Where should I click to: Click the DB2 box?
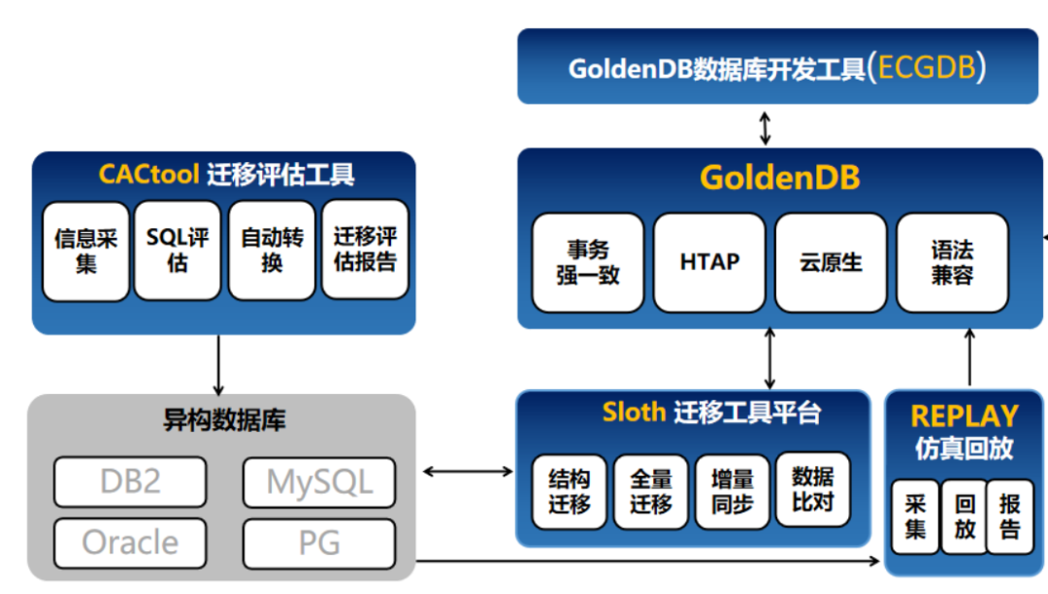130,481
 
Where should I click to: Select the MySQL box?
319,482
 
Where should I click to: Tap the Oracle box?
130,543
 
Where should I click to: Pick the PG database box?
319,544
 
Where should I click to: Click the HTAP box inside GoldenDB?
709,262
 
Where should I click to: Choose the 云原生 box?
831,262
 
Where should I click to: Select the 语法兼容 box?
952,262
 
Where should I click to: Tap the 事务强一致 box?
588,262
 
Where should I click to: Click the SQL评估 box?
178,250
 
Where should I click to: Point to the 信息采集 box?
85,250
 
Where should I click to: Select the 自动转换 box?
272,250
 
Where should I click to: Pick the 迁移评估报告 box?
365,250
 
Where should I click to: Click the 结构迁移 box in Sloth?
570,491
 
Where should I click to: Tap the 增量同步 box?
733,491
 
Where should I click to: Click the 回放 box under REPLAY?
964,516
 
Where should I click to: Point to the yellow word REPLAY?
964,416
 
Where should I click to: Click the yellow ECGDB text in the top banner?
926,67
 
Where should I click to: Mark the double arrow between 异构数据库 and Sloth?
468,472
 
